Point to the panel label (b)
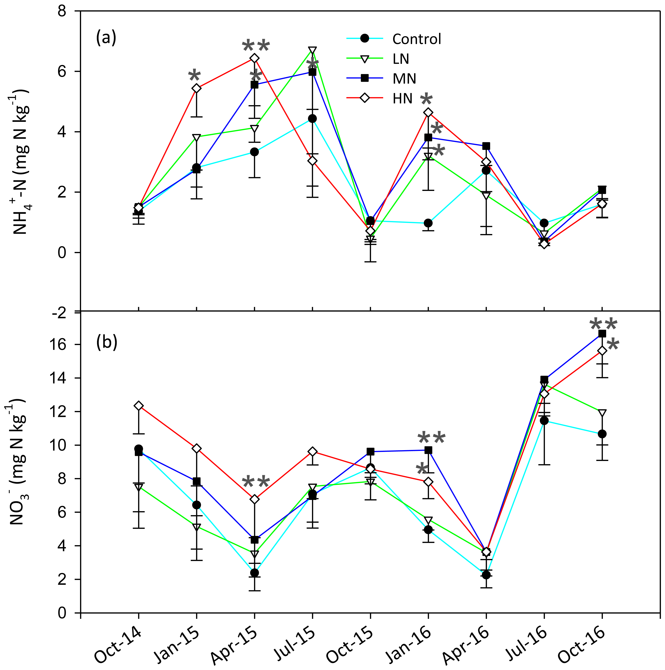pyautogui.click(x=106, y=342)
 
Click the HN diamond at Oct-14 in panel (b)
pyautogui.click(x=139, y=406)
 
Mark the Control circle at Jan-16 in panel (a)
pyautogui.click(x=428, y=223)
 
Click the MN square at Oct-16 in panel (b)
pyautogui.click(x=602, y=333)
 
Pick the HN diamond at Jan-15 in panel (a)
pyautogui.click(x=197, y=88)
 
